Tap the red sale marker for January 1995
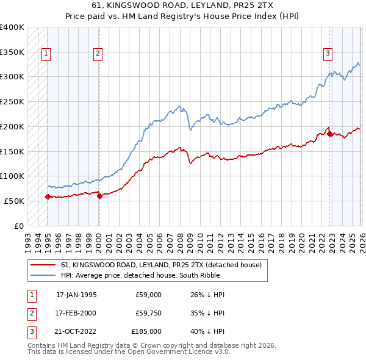48,196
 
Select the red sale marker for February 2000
99,196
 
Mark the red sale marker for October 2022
330,134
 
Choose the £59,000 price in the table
148,295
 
